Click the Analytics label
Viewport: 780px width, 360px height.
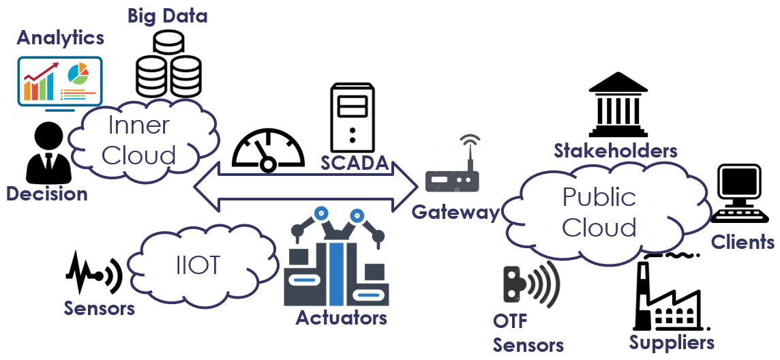coord(61,37)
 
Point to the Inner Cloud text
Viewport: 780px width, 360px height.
coord(138,140)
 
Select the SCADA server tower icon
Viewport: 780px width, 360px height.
coord(352,117)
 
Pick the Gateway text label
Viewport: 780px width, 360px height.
coord(455,212)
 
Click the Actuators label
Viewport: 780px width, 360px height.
coord(341,318)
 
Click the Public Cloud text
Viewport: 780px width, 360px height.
coord(599,211)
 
